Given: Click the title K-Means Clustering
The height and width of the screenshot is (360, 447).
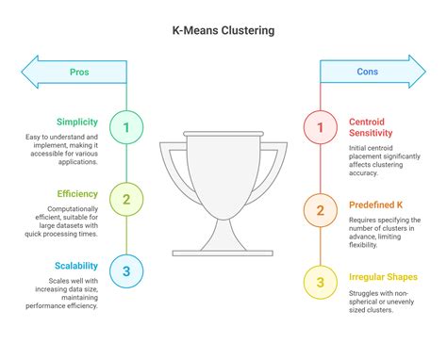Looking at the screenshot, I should tap(223, 30).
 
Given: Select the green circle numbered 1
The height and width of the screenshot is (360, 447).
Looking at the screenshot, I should tap(126, 125).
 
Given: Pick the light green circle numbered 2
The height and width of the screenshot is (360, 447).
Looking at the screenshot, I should tap(126, 198).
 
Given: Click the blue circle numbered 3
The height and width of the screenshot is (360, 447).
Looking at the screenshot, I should tap(126, 271).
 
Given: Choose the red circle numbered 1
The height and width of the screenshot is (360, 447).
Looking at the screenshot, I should tap(319, 125).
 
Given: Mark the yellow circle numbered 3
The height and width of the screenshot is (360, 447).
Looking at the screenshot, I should tap(319, 282).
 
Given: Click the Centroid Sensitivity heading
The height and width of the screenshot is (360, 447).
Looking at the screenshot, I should tap(374, 128).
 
